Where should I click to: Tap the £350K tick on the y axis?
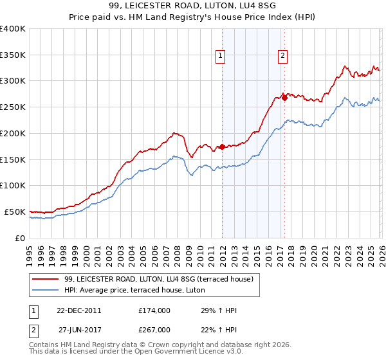[13, 55]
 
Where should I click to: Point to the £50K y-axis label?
[15, 212]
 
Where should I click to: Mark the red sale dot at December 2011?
[222, 147]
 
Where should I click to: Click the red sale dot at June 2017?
[284, 98]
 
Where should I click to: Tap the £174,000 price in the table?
[154, 310]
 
